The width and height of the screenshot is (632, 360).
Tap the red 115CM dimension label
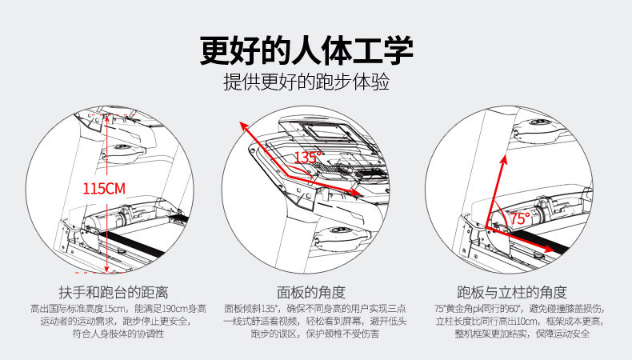[105, 189]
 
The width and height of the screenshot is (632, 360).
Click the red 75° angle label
[519, 218]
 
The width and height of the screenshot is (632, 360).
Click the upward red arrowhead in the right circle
[505, 161]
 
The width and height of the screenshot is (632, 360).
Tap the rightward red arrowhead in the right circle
[551, 249]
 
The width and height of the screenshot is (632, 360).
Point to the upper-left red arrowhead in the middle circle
[242, 126]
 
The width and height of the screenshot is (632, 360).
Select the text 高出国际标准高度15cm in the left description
[74, 308]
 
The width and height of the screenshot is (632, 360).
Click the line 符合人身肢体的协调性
[113, 334]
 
